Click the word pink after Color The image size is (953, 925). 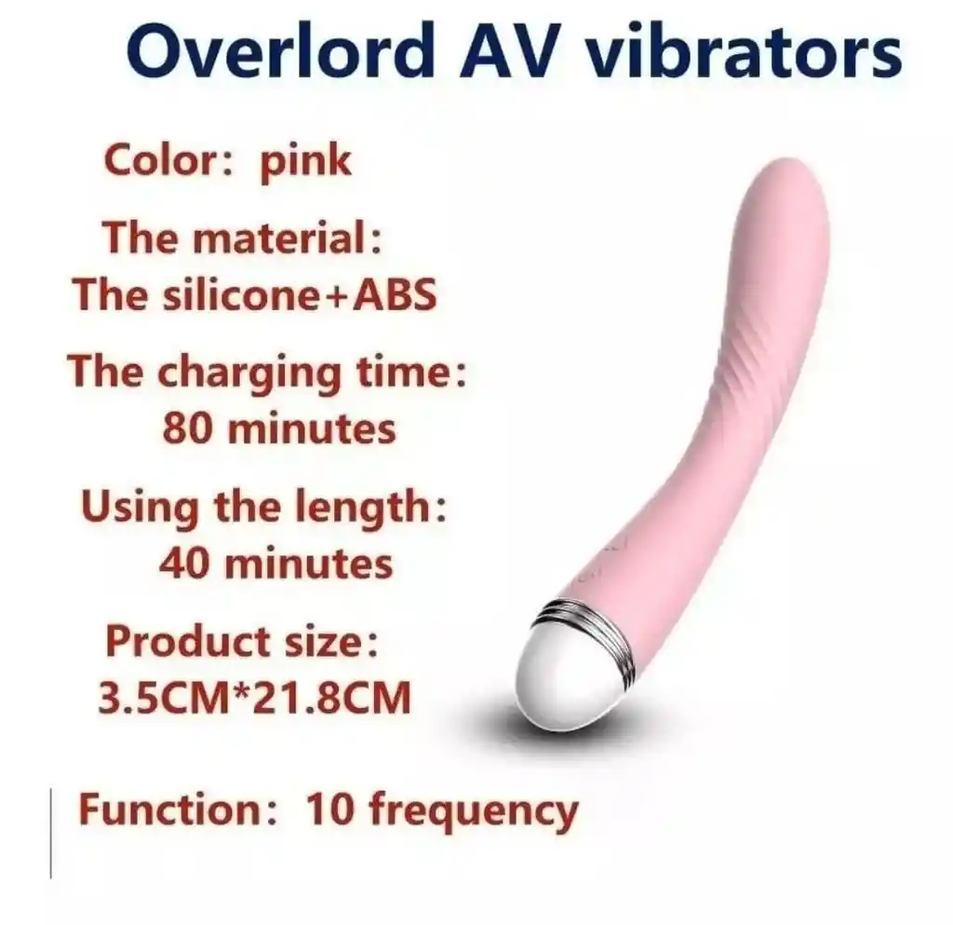tap(305, 161)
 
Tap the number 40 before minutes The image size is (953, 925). tap(187, 563)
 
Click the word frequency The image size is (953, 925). tap(473, 810)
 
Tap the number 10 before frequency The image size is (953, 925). tap(328, 809)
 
